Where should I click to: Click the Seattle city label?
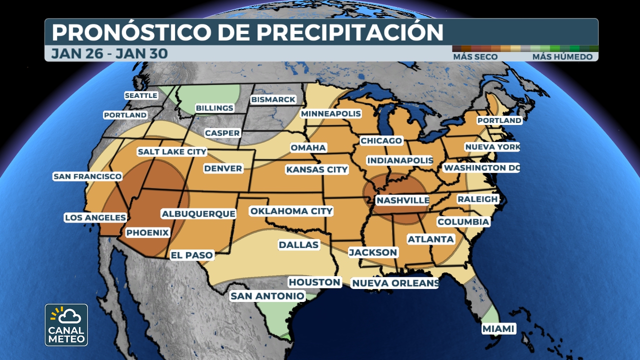141,95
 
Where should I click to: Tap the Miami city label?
498,329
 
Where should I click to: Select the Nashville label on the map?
402,200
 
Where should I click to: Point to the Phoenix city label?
147,232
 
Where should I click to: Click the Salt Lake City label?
172,151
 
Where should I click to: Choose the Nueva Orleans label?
395,283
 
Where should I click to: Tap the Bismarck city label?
273,99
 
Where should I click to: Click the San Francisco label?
87,176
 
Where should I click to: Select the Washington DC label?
481,168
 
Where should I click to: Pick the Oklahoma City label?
291,211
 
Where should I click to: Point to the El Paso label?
192,255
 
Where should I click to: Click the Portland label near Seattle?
125,115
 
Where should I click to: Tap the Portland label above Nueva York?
499,120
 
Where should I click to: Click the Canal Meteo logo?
66,325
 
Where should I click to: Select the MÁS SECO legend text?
475,57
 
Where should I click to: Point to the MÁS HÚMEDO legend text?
562,57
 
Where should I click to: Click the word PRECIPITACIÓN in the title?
350,32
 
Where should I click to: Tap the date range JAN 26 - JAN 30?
109,53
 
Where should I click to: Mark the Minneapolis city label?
330,114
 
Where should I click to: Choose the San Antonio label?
267,296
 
